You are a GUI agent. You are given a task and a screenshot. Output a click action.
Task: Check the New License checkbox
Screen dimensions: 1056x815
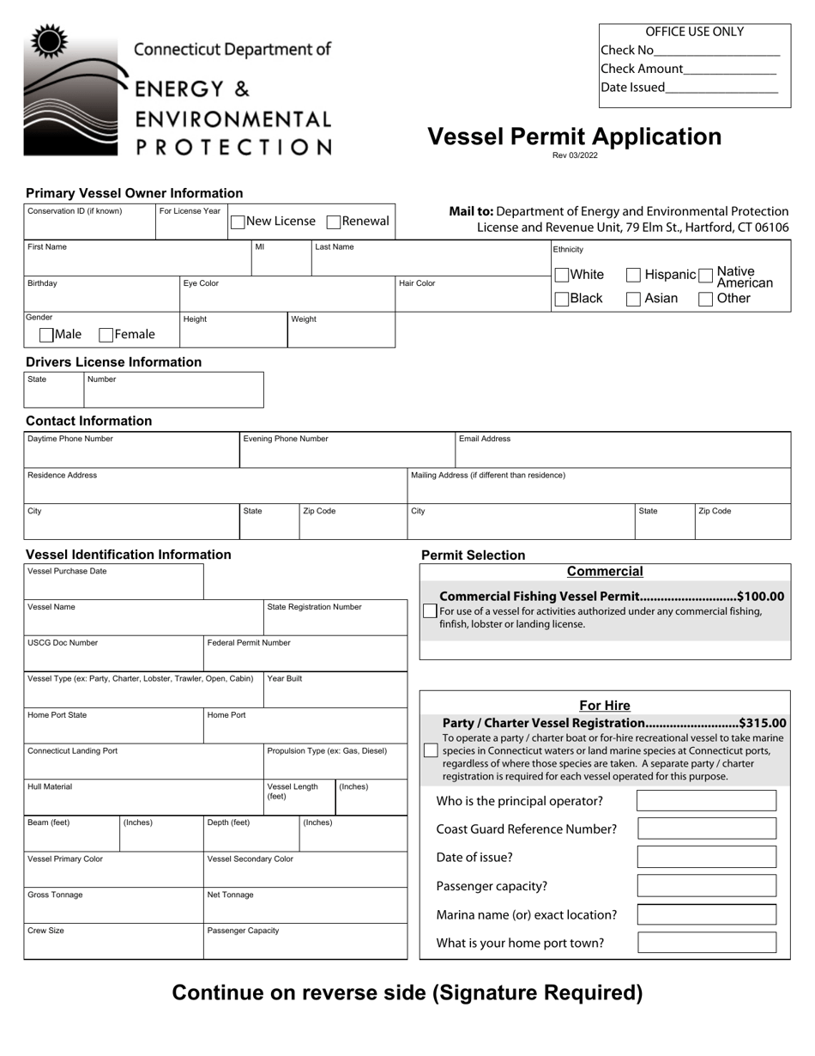point(238,222)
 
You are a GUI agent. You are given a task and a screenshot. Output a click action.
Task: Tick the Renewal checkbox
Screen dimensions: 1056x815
point(334,222)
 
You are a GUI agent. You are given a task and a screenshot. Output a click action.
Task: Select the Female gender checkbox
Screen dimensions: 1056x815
point(107,335)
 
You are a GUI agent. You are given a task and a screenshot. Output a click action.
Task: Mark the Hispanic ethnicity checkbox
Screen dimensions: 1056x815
point(633,275)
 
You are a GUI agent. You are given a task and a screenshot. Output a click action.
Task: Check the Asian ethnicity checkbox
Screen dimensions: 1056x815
point(633,299)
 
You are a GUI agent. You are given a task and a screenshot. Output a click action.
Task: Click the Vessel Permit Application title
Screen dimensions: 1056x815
point(574,137)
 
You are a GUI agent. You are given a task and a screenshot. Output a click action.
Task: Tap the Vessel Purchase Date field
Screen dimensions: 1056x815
point(113,586)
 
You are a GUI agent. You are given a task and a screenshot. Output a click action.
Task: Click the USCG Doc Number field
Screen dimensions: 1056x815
point(113,657)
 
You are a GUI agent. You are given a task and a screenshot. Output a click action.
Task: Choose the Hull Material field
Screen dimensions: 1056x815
point(143,801)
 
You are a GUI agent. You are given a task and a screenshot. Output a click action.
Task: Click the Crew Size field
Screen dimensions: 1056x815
point(113,944)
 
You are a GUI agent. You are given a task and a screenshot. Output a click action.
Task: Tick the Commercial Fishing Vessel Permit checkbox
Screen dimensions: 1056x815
point(430,610)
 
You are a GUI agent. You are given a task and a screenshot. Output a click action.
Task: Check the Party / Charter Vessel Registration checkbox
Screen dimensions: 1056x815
point(431,751)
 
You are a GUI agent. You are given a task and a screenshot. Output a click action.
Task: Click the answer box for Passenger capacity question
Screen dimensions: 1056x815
point(707,886)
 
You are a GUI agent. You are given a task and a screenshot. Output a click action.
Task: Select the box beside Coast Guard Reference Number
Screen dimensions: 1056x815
point(707,828)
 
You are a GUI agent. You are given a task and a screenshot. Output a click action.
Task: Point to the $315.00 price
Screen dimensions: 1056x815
point(762,723)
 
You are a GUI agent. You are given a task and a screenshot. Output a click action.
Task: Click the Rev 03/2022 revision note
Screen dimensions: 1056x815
point(575,155)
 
